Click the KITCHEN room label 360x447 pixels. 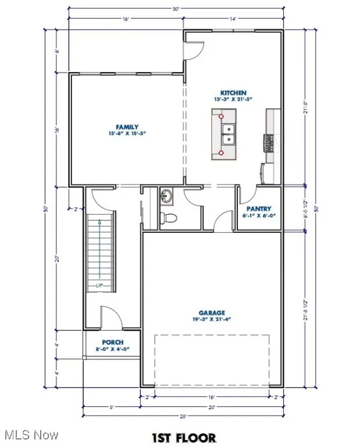[233, 93]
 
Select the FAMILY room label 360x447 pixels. [127, 126]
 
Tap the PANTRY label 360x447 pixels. [259, 208]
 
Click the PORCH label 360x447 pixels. [113, 342]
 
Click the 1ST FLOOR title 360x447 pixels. [184, 437]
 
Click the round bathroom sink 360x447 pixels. [166, 196]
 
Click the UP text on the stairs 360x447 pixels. [99, 285]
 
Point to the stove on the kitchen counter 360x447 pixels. [269, 141]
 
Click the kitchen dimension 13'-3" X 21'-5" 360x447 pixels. [233, 100]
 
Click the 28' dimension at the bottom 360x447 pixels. [183, 416]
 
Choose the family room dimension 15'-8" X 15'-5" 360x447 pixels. [127, 133]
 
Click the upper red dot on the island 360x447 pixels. [222, 116]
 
